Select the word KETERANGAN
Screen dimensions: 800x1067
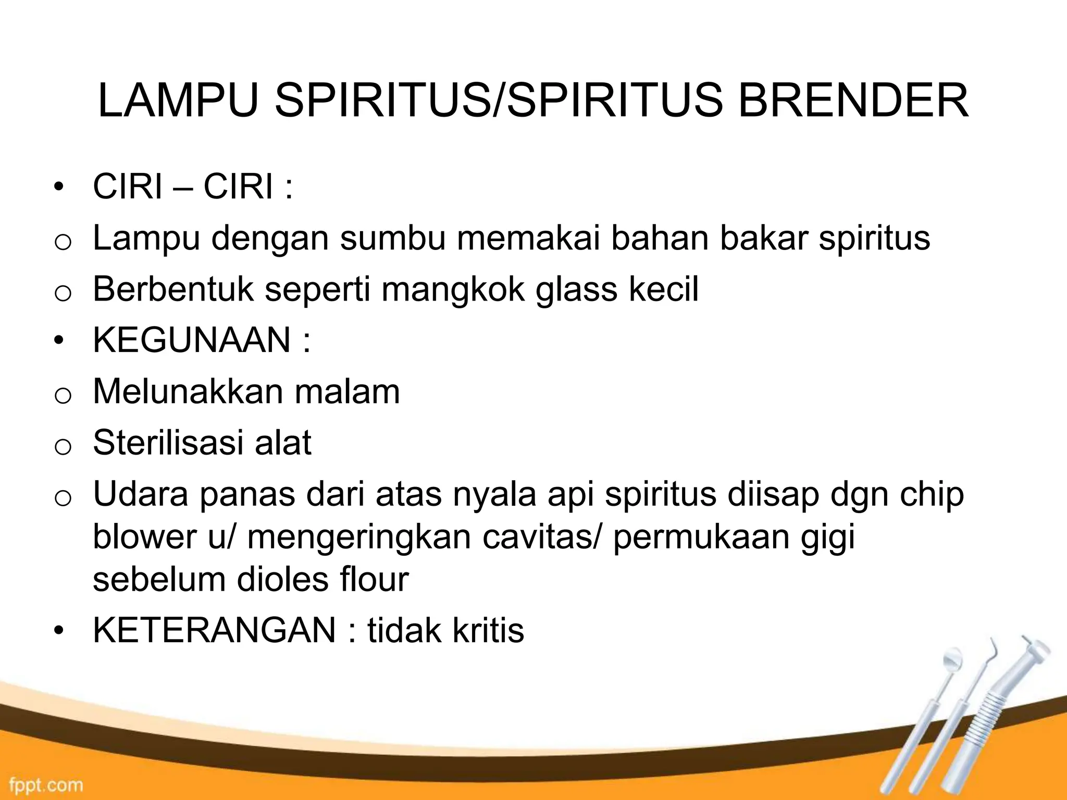pyautogui.click(x=214, y=630)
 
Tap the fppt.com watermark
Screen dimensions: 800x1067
pyautogui.click(x=45, y=784)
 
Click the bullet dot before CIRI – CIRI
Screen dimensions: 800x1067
pyautogui.click(x=61, y=187)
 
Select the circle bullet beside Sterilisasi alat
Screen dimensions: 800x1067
pyautogui.click(x=62, y=446)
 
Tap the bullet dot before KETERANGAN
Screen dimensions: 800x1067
pyautogui.click(x=61, y=631)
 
